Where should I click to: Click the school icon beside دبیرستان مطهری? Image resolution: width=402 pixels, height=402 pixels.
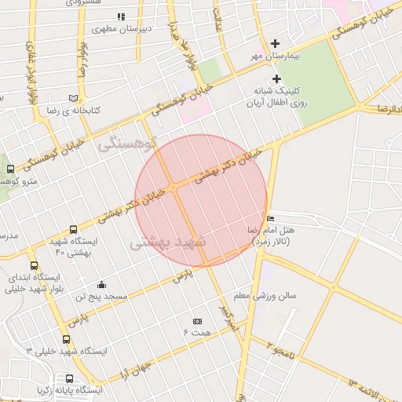(x=120, y=16)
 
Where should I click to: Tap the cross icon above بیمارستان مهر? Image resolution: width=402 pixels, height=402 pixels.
(x=275, y=44)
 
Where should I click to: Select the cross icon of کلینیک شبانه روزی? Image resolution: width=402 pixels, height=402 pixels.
(x=276, y=79)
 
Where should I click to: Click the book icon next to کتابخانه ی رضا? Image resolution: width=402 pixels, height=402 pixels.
(x=74, y=98)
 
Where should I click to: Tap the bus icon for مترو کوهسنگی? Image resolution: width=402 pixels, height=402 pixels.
(x=10, y=169)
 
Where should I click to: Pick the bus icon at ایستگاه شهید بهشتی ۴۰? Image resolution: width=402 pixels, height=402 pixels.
(x=73, y=230)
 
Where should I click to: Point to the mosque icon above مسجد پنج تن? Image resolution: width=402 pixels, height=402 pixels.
(x=101, y=284)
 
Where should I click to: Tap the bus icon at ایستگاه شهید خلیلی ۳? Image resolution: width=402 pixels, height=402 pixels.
(x=66, y=339)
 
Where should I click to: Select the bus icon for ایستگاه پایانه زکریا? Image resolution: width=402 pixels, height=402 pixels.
(x=42, y=389)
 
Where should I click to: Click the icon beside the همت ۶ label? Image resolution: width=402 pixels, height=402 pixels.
(x=196, y=321)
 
